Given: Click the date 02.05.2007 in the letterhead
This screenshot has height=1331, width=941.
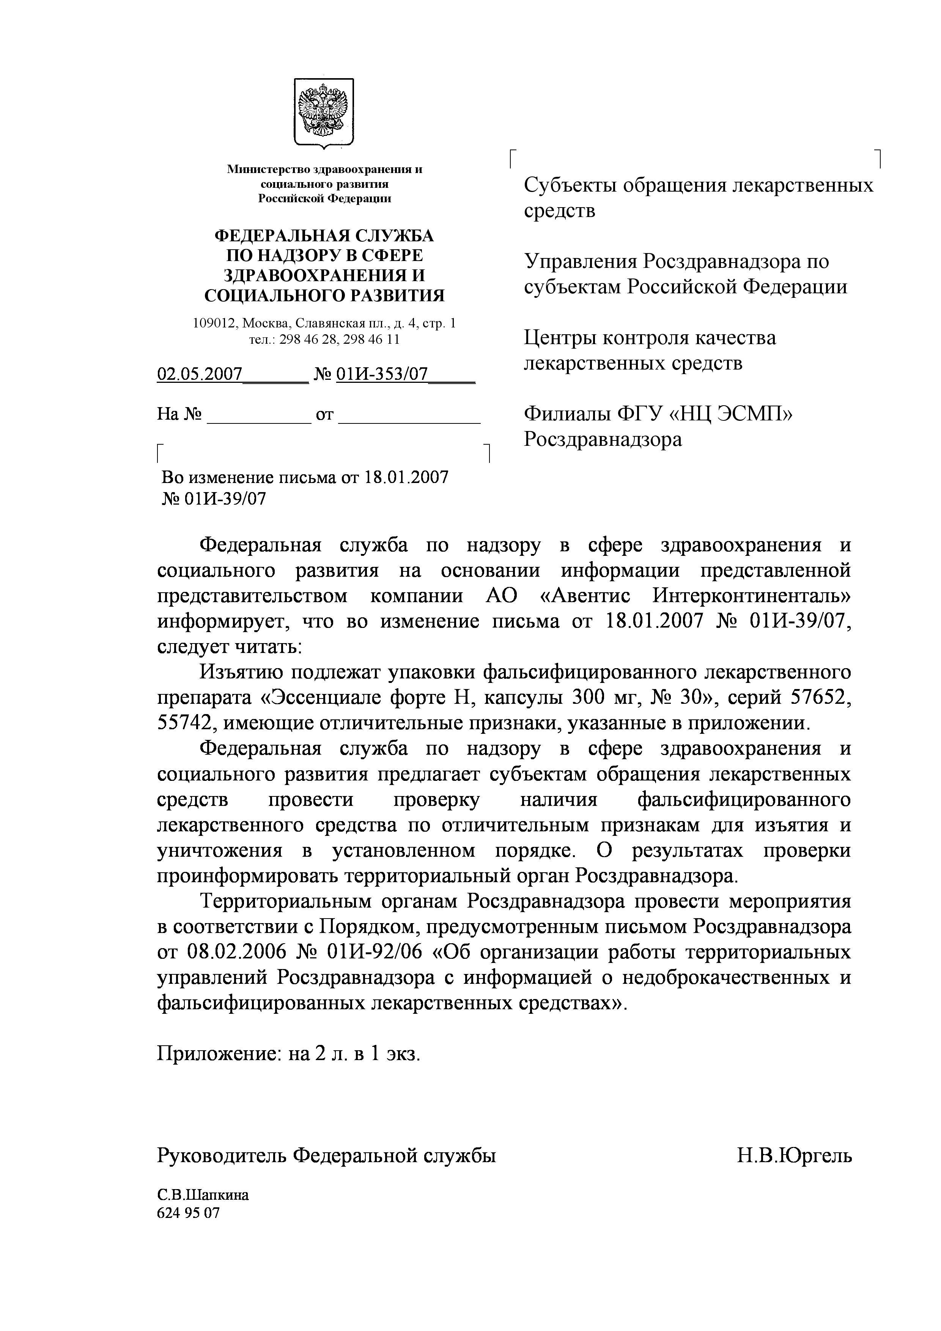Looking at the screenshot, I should [200, 374].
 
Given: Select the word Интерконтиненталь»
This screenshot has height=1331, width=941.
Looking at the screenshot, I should [751, 596].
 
